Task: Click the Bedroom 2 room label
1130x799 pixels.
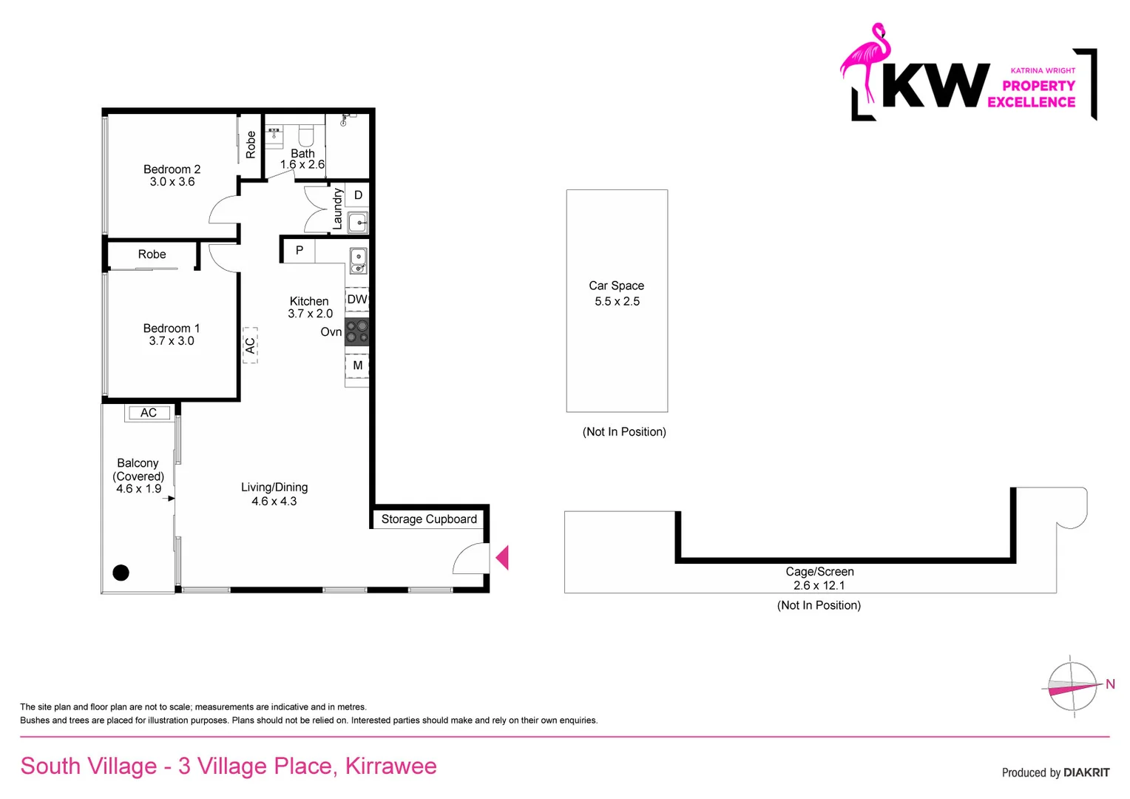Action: point(172,169)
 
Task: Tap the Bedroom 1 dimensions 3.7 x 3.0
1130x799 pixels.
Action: point(172,341)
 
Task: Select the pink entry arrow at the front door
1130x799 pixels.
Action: point(502,557)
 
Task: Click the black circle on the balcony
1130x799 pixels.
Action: point(121,572)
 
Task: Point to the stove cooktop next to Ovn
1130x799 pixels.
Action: point(357,332)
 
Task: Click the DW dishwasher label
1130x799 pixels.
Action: point(357,300)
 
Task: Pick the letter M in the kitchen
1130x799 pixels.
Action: point(358,365)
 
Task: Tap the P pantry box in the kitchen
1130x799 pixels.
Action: point(299,251)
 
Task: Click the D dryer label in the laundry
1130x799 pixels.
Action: point(358,195)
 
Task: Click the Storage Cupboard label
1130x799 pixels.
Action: point(429,519)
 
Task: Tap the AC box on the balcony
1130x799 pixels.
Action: point(149,413)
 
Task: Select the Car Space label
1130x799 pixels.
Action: point(616,286)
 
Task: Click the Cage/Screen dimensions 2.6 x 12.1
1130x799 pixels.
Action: point(819,585)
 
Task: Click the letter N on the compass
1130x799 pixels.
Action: point(1110,684)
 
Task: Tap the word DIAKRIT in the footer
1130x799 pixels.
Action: point(1086,772)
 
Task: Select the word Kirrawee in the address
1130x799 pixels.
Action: point(390,766)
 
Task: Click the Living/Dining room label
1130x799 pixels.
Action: point(274,488)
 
